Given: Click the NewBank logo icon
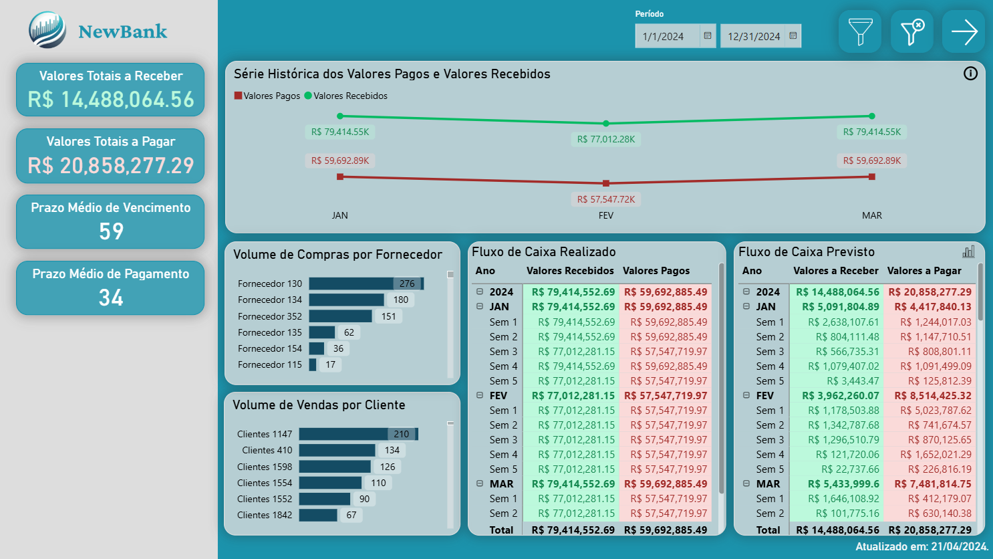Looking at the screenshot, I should pyautogui.click(x=47, y=31).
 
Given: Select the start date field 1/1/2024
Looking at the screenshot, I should pyautogui.click(x=666, y=36).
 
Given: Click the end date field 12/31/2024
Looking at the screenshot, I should pyautogui.click(x=753, y=36).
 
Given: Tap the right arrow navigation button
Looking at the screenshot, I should pyautogui.click(x=963, y=31).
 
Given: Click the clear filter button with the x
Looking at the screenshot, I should pyautogui.click(x=911, y=31).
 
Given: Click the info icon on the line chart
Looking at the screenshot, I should pyautogui.click(x=970, y=74).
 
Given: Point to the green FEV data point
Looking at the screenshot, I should pyautogui.click(x=606, y=124).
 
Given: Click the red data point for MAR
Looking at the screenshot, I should pyautogui.click(x=872, y=177).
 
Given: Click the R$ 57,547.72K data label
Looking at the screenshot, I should pyautogui.click(x=606, y=199).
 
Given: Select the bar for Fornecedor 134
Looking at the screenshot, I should pyautogui.click(x=346, y=300).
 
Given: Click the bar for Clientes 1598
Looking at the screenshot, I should pyautogui.click(x=335, y=467).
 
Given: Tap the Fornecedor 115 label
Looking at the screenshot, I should pyautogui.click(x=270, y=364).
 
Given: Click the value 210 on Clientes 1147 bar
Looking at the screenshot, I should pyautogui.click(x=401, y=434).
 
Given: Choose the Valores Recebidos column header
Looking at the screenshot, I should pyautogui.click(x=570, y=271).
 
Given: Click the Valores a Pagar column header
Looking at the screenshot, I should pyautogui.click(x=924, y=271).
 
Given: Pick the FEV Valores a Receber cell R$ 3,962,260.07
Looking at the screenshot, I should pyautogui.click(x=840, y=395).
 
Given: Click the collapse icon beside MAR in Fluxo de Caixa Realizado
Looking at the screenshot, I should pyautogui.click(x=480, y=483).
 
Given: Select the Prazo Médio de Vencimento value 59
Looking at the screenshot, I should pyautogui.click(x=111, y=231).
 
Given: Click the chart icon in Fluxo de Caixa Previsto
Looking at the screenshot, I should pyautogui.click(x=968, y=251).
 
